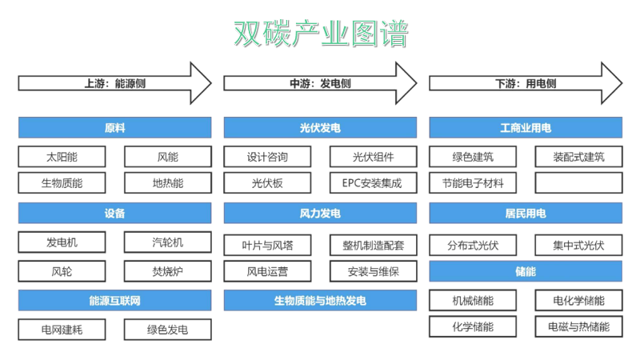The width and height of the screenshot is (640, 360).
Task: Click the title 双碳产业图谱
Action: click(x=320, y=34)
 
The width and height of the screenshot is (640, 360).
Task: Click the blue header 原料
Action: click(x=114, y=128)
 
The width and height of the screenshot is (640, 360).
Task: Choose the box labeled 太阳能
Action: click(x=62, y=157)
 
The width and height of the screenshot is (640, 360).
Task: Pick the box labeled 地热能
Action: click(x=168, y=183)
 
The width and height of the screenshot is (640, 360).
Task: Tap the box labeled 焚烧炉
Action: click(x=168, y=271)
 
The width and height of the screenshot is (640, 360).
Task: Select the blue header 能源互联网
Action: click(x=114, y=301)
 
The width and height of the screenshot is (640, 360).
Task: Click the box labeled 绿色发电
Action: click(x=168, y=330)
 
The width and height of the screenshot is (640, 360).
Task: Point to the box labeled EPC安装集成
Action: click(x=373, y=183)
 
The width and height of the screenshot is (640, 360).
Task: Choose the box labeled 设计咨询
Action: click(x=267, y=157)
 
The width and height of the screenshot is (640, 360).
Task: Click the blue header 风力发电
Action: click(x=320, y=214)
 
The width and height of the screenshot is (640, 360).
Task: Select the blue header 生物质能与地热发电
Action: click(x=320, y=301)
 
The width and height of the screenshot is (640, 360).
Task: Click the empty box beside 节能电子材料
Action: click(x=578, y=183)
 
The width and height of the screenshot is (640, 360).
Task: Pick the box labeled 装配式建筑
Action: click(x=578, y=157)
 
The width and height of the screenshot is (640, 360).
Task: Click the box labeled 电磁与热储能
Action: click(x=578, y=326)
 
